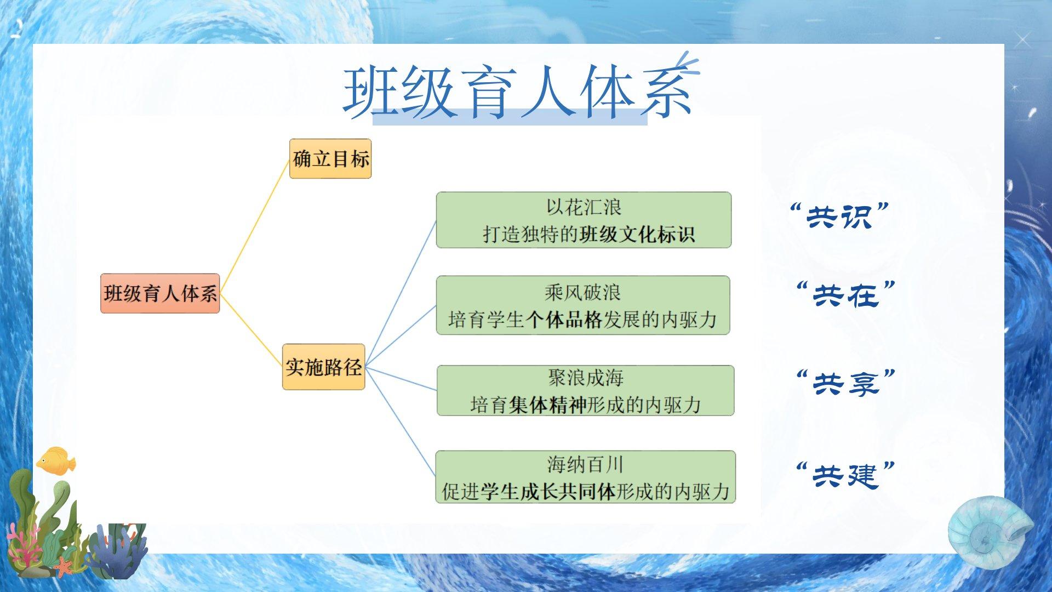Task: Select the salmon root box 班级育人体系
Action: [x=160, y=293]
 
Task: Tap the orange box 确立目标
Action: [x=330, y=159]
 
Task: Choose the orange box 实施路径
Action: [x=323, y=367]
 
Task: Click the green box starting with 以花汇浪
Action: [x=584, y=220]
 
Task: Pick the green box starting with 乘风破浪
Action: [x=583, y=305]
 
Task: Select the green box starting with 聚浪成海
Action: [x=585, y=391]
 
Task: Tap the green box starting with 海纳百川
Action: [x=585, y=477]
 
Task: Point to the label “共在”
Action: [x=845, y=294]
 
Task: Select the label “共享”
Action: [x=845, y=383]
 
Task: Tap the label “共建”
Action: [x=845, y=475]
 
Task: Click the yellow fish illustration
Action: [x=56, y=460]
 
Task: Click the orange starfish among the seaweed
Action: [x=64, y=566]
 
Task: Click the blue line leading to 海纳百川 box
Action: [x=400, y=422]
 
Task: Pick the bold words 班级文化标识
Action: [x=637, y=235]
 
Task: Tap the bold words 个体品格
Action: [x=564, y=320]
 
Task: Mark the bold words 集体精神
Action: [x=547, y=405]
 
